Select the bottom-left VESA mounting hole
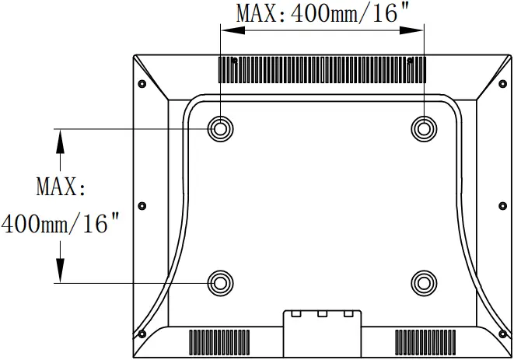pos(220,281)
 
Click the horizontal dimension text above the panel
pos(322,13)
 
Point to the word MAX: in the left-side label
pos(61,187)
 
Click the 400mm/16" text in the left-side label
pos(61,225)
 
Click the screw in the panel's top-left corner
pos(142,84)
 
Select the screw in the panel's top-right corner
pos(499,84)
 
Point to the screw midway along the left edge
pos(142,205)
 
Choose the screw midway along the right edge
pos(499,205)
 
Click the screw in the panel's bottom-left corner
pos(142,334)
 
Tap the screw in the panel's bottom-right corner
pos(499,334)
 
